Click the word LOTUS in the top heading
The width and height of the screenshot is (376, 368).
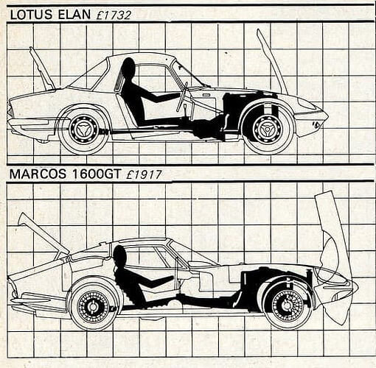pos(31,15)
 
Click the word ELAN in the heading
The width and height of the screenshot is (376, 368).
pos(74,15)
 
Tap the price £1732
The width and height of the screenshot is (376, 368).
pos(114,15)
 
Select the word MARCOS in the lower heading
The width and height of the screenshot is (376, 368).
pos(38,174)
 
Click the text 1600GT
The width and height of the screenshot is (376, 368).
pos(97,174)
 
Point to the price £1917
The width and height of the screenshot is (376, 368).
pos(144,174)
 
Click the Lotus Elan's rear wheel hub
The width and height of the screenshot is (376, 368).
pos(83,129)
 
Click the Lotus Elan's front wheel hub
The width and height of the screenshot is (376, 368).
pos(267,129)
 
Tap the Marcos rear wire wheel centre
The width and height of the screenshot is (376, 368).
pos(93,306)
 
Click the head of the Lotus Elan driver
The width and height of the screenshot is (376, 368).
pos(128,67)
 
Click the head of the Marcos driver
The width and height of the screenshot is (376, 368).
pos(120,255)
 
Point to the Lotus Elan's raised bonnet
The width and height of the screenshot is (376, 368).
pos(272,61)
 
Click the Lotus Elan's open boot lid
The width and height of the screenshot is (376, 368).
pos(42,68)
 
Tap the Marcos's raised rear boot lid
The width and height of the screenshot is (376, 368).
pos(42,233)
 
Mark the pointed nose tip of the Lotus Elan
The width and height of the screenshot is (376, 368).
pos(328,116)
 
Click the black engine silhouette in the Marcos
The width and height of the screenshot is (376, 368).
pos(256,282)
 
